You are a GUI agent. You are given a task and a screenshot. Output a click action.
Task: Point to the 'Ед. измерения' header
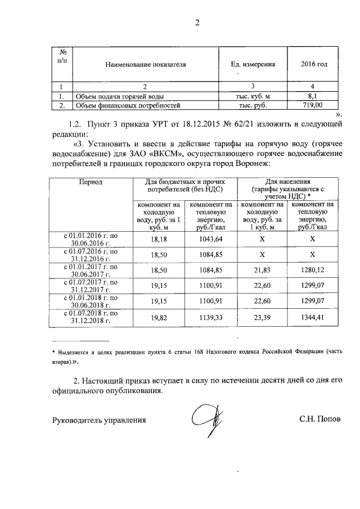pyautogui.click(x=253, y=64)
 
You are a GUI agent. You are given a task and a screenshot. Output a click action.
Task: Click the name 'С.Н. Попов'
pyautogui.click(x=320, y=420)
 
